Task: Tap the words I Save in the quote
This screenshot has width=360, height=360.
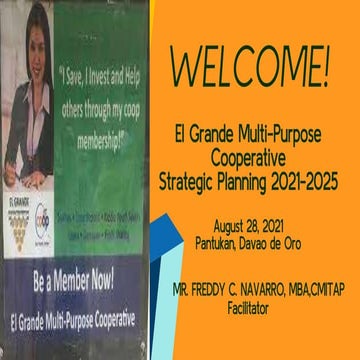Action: (x=81, y=72)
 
